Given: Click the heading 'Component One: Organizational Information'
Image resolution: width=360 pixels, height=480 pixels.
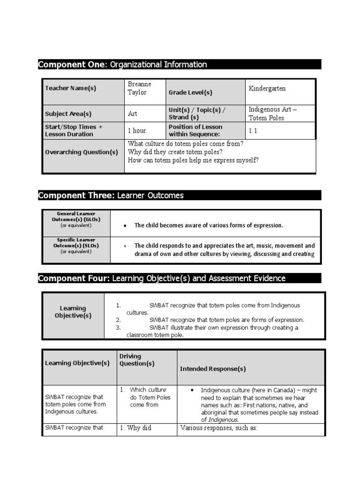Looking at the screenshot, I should (x=122, y=65).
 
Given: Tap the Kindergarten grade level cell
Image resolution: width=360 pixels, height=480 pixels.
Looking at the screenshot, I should (x=267, y=89).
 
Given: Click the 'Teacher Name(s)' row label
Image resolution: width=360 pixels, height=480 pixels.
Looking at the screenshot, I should (x=70, y=88).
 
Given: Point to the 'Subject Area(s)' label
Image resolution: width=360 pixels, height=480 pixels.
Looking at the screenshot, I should (x=68, y=113).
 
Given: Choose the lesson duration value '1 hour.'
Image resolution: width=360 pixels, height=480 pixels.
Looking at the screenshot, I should (x=137, y=131).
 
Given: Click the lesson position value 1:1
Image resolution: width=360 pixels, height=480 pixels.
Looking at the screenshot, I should (x=253, y=131).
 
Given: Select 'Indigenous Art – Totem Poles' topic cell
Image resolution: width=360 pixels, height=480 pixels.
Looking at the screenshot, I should (x=272, y=113).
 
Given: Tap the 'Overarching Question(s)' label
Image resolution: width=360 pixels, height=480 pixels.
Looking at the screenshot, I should (x=82, y=152).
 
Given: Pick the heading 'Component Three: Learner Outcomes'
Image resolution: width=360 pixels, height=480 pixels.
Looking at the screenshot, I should (x=111, y=195).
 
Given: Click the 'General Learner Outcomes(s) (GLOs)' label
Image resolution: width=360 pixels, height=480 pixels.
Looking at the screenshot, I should (x=76, y=219).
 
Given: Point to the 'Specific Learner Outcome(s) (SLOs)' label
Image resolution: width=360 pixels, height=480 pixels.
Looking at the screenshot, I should (x=76, y=245).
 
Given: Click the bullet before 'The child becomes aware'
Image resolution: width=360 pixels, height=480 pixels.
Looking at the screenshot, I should (x=125, y=226).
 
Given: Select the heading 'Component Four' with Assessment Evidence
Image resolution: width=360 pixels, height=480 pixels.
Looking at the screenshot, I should (x=161, y=278).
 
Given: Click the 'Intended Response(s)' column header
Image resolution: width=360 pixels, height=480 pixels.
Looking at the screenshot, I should (x=213, y=369).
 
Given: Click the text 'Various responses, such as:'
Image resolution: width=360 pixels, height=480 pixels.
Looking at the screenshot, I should (x=219, y=428).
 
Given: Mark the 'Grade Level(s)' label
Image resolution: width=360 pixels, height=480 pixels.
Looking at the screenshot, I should (x=190, y=93).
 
